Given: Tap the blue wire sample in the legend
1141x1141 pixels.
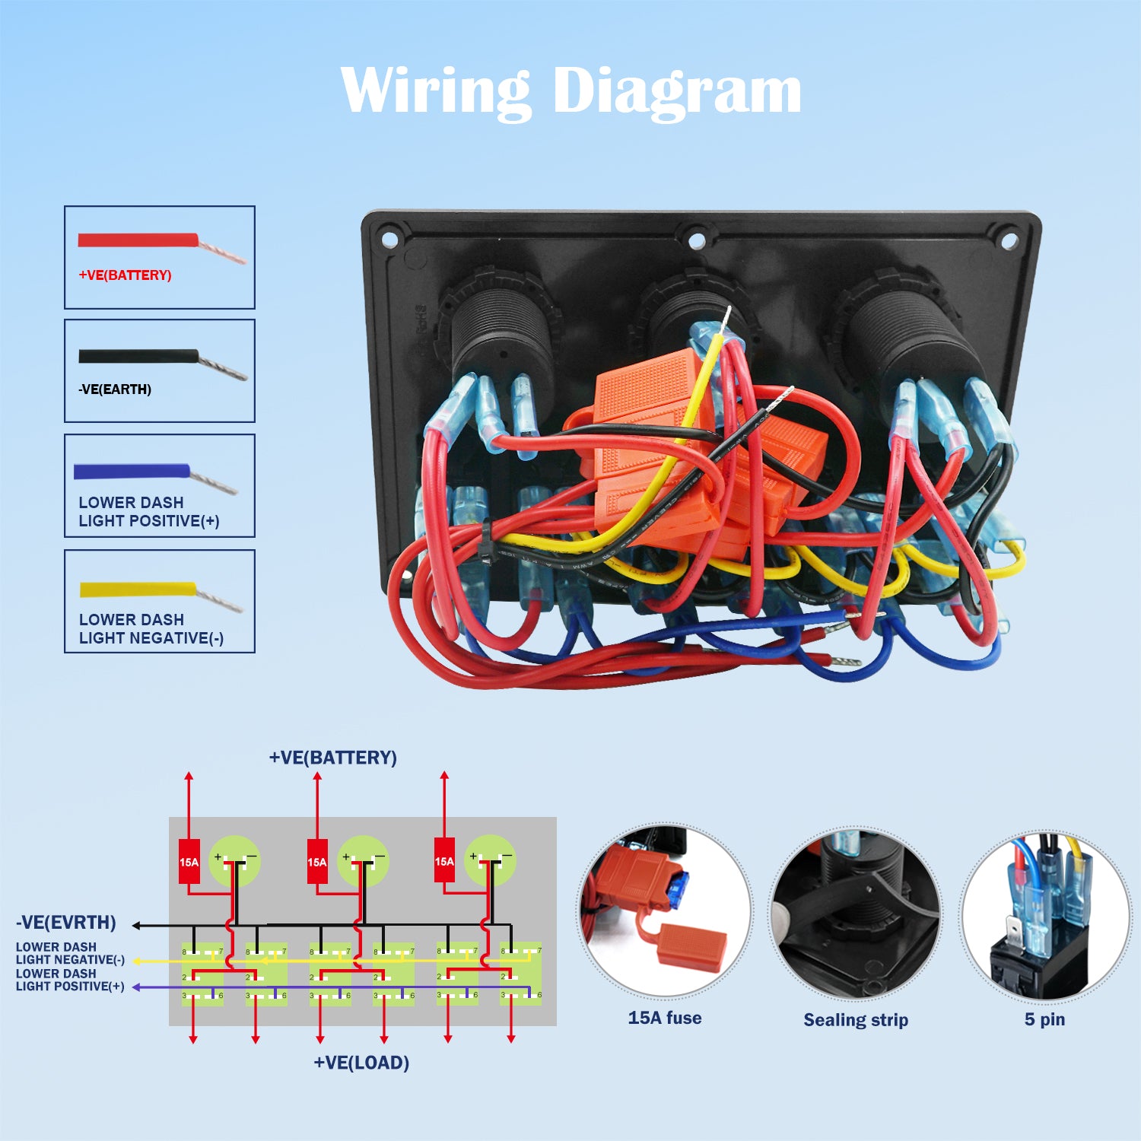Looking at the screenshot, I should pyautogui.click(x=131, y=472).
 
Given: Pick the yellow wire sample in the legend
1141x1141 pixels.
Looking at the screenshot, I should pyautogui.click(x=138, y=590).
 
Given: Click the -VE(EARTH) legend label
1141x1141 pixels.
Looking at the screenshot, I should pyautogui.click(x=115, y=389).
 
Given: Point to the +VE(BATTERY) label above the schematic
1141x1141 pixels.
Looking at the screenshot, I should pyautogui.click(x=332, y=758).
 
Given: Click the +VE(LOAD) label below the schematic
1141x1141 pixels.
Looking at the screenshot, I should pyautogui.click(x=361, y=1063).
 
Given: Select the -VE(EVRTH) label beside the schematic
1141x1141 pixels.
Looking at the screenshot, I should pyautogui.click(x=66, y=923).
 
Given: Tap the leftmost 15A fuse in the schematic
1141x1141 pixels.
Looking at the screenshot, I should pyautogui.click(x=189, y=862).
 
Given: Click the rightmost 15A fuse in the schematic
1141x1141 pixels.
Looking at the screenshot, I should pyautogui.click(x=444, y=861).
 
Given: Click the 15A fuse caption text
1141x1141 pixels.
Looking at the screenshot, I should pyautogui.click(x=664, y=1018).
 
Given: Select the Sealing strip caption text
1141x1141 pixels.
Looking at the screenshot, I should pyautogui.click(x=856, y=1020).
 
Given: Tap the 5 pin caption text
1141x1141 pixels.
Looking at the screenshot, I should pyautogui.click(x=1044, y=1019).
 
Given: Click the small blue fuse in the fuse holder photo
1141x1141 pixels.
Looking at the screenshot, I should pyautogui.click(x=680, y=890).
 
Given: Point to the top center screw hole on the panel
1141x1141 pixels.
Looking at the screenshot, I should pyautogui.click(x=696, y=241).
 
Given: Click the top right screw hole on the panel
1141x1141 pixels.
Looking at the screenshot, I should pyautogui.click(x=1009, y=241).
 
